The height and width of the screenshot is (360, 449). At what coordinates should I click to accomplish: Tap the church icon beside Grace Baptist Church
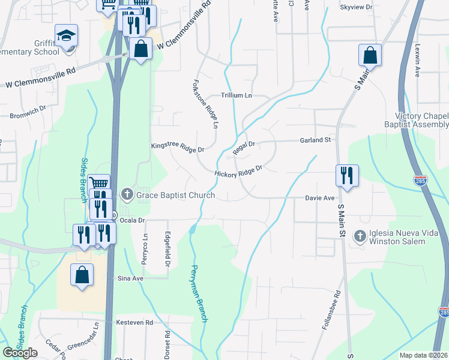point(126,194)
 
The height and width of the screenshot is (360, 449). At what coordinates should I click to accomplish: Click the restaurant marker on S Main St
point(347,175)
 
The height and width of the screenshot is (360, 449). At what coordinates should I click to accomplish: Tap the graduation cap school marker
point(66,35)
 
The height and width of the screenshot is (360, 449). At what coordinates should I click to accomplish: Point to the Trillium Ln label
point(237,95)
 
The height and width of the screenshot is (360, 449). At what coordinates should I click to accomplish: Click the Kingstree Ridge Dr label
point(178,146)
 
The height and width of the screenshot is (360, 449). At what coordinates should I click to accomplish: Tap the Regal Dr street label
point(244,145)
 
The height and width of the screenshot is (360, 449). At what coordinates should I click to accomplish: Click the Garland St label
point(316,140)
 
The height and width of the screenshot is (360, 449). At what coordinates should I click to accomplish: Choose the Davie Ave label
point(319,197)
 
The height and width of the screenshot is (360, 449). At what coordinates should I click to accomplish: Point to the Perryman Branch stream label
point(199,293)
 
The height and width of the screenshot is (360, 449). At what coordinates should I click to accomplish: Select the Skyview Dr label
point(356,7)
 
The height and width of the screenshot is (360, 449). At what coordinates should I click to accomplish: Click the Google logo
point(20,353)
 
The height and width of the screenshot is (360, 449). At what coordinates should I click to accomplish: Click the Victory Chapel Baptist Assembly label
point(422,120)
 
